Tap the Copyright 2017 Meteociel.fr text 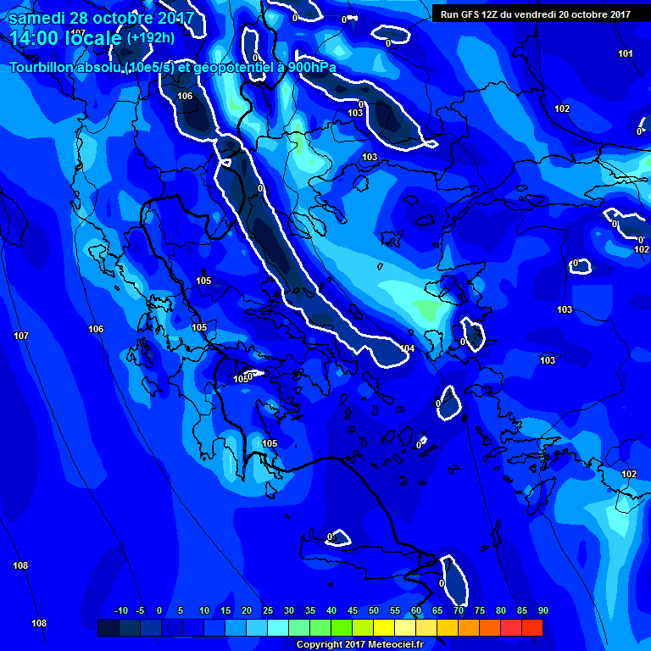pos(359,644)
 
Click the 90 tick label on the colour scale pos(542,610)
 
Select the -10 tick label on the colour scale pos(120,610)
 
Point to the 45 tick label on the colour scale pos(352,610)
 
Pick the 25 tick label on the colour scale pos(267,610)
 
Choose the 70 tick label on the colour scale pos(458,610)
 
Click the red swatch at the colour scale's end pos(531,627)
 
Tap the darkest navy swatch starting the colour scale pos(108,627)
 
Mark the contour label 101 pos(626,54)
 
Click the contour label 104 pos(408,348)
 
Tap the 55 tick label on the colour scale pos(394,610)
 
